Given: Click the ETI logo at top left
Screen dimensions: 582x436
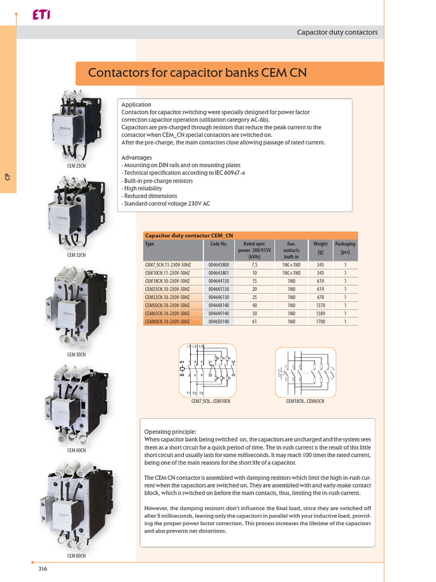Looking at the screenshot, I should [41, 16].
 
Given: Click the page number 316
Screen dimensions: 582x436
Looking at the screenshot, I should [43, 569].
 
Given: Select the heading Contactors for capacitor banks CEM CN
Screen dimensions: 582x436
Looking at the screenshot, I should [197, 73].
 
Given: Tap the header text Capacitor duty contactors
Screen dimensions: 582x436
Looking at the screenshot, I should [337, 32].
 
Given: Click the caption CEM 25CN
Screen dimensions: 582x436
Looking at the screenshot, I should [77, 165].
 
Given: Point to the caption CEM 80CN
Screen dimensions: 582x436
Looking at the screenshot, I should [77, 555].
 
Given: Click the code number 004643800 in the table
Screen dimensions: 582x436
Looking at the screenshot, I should [219, 265].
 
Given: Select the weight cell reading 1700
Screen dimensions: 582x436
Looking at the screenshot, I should [320, 321].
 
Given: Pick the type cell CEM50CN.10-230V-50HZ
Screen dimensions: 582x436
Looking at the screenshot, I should [167, 305].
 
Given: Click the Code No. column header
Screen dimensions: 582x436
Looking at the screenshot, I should [219, 244].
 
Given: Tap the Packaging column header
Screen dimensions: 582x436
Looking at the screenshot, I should [345, 247].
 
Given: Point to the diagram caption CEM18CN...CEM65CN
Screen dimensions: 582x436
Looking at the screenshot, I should [305, 401].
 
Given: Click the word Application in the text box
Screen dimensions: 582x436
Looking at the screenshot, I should [136, 105].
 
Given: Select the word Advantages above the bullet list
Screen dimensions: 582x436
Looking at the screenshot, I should [137, 157].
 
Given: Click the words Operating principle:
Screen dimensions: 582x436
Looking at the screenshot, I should [170, 431].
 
